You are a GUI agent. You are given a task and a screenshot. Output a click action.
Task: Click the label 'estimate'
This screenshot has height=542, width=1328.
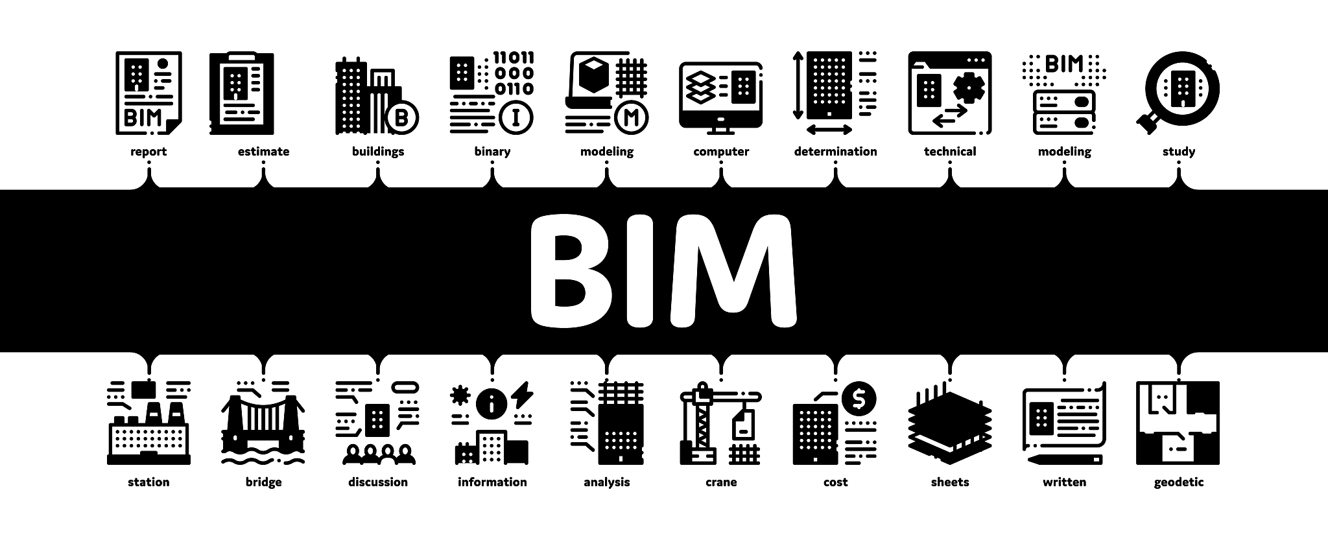click(263, 152)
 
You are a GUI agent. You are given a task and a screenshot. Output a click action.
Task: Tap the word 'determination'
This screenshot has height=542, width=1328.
click(835, 152)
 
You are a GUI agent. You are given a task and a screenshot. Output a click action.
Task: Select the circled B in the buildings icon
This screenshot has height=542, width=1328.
click(401, 117)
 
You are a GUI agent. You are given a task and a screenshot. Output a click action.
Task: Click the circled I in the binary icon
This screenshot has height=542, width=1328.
click(517, 117)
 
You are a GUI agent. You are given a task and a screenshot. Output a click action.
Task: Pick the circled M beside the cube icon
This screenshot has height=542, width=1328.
click(631, 117)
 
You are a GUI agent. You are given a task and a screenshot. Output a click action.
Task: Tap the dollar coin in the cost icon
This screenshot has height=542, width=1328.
click(859, 399)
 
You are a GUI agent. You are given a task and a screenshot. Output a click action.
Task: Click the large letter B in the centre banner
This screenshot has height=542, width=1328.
click(575, 272)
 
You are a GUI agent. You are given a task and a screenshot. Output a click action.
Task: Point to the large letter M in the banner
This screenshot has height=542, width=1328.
click(733, 271)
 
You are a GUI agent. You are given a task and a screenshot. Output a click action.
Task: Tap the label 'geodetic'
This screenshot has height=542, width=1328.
click(1178, 482)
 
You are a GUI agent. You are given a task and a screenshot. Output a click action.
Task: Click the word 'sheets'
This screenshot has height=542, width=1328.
click(949, 482)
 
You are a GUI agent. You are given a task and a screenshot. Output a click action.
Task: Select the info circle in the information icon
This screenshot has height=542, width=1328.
click(492, 404)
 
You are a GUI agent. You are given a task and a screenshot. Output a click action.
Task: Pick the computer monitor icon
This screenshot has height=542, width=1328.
click(720, 98)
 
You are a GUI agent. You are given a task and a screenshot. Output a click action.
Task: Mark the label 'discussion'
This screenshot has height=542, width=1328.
click(378, 482)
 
